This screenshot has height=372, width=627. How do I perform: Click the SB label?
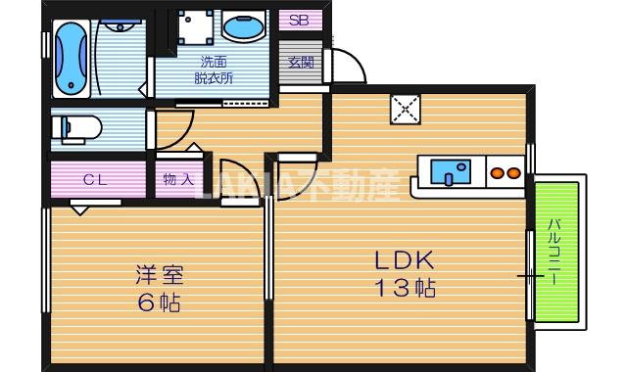tap(299, 20)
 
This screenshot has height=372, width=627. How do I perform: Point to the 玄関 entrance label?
tap(301, 62)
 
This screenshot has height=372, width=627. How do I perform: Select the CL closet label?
tap(95, 179)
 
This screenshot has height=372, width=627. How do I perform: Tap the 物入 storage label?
tap(177, 179)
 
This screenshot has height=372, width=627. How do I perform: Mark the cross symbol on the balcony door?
tap(530, 277)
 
